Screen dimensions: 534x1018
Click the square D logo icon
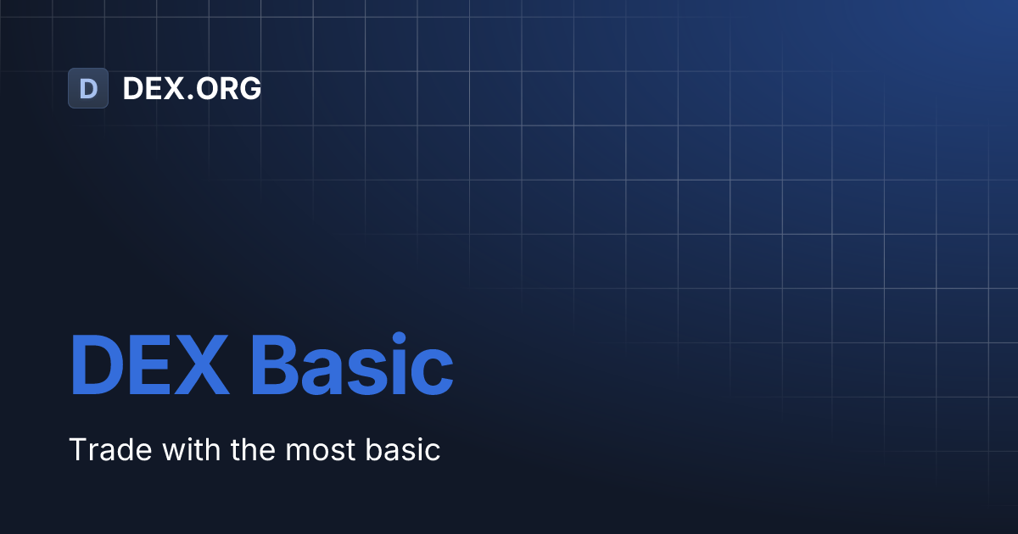point(88,88)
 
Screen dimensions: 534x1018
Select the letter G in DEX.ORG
point(249,88)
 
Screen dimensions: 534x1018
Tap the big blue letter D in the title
point(95,365)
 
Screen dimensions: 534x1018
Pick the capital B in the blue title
point(276,365)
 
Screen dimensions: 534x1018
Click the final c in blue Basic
point(433,373)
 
